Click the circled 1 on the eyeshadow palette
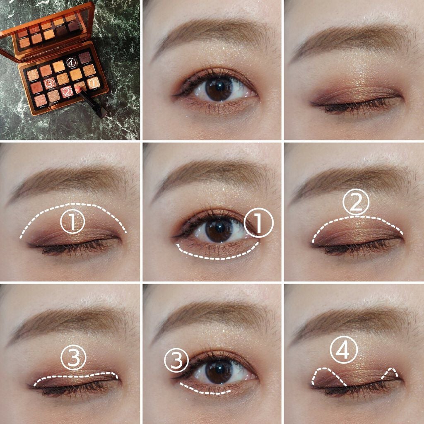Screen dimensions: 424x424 pyautogui.click(x=94, y=82)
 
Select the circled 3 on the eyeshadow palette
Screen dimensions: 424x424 pyautogui.click(x=50, y=83)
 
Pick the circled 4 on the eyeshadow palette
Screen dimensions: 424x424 pyautogui.click(x=72, y=63)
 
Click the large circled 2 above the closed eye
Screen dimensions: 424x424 pyautogui.click(x=356, y=203)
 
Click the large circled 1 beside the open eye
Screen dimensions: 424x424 pyautogui.click(x=259, y=222)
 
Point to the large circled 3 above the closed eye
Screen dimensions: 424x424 pyautogui.click(x=74, y=358)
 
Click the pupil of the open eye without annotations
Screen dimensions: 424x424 pyautogui.click(x=217, y=87)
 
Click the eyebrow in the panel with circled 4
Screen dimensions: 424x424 pyautogui.click(x=348, y=322)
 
